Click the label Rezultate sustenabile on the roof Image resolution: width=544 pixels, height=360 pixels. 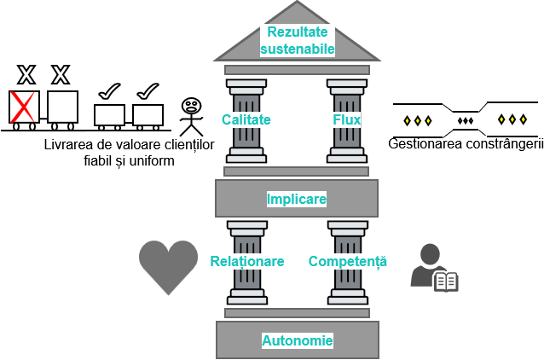(x=297, y=41)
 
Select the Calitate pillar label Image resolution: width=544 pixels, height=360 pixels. (x=246, y=119)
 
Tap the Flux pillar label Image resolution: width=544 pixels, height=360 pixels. (x=347, y=119)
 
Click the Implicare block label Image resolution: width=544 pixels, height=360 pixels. (x=296, y=199)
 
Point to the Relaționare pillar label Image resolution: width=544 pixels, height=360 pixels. (x=247, y=261)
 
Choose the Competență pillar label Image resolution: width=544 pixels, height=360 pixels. (x=348, y=261)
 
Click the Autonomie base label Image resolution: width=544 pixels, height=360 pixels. (x=297, y=341)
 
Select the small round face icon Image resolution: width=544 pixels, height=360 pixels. (x=191, y=106)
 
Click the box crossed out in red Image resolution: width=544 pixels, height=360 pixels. (x=24, y=107)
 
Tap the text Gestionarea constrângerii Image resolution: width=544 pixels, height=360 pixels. (x=466, y=144)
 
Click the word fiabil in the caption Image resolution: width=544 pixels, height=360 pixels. (x=100, y=160)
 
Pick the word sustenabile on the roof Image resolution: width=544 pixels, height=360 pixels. (x=297, y=49)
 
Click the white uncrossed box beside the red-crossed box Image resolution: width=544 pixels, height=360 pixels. (x=62, y=107)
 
